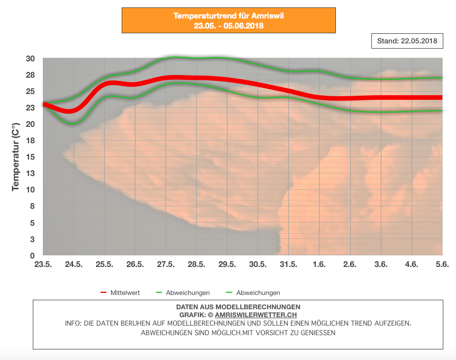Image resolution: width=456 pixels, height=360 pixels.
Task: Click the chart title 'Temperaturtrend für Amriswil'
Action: pyautogui.click(x=229, y=16)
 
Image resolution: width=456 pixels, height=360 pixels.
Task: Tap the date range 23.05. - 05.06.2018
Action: pyautogui.click(x=229, y=25)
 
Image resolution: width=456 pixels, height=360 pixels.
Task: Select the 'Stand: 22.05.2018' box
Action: pyautogui.click(x=407, y=41)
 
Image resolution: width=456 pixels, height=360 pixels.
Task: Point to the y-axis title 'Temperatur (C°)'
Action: pyautogui.click(x=16, y=156)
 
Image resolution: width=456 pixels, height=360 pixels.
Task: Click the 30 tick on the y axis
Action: pyautogui.click(x=31, y=59)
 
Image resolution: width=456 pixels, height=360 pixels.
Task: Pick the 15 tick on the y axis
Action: pyautogui.click(x=31, y=157)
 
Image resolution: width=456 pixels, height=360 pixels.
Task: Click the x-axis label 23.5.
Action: pyautogui.click(x=43, y=265)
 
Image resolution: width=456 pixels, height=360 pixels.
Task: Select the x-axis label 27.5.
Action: pyautogui.click(x=166, y=265)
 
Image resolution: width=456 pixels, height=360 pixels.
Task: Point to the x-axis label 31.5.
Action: pyautogui.click(x=289, y=265)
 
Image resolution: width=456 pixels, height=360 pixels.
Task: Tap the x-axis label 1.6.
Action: pyautogui.click(x=320, y=265)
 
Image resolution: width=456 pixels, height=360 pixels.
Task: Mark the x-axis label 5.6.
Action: pyautogui.click(x=442, y=265)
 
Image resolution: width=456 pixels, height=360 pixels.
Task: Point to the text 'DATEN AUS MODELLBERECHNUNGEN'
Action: pyautogui.click(x=238, y=307)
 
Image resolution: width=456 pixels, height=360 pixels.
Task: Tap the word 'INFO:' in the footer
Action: pyautogui.click(x=74, y=323)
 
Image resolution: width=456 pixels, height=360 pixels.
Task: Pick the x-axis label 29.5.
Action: pyautogui.click(x=227, y=265)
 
